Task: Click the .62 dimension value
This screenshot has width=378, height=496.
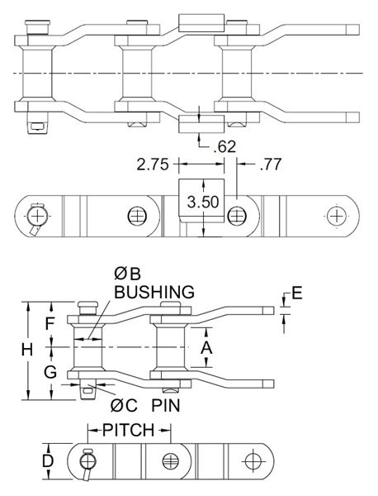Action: pyautogui.click(x=224, y=147)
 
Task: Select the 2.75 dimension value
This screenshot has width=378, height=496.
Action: pyautogui.click(x=153, y=165)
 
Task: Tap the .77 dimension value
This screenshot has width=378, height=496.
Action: pyautogui.click(x=271, y=165)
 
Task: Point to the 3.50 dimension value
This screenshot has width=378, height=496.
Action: pyautogui.click(x=203, y=202)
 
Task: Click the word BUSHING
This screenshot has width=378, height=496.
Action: pyautogui.click(x=154, y=292)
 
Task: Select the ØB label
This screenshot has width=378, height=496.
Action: pyautogui.click(x=127, y=274)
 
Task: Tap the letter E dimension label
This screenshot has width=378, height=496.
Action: pyautogui.click(x=297, y=293)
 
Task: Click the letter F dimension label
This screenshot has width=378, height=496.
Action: pyautogui.click(x=50, y=323)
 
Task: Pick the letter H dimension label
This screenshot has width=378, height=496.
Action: pyautogui.click(x=27, y=350)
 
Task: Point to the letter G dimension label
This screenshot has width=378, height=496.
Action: pyautogui.click(x=50, y=372)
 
